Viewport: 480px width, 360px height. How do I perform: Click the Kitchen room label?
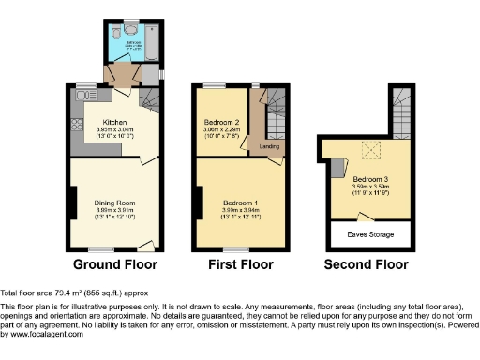pyautogui.click(x=114, y=122)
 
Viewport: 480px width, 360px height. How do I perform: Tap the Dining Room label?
pyautogui.click(x=114, y=203)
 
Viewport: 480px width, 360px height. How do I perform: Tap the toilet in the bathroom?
pyautogui.click(x=114, y=31)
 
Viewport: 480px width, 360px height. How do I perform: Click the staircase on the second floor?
pyautogui.click(x=399, y=108)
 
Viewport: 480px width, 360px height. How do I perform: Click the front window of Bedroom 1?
pyautogui.click(x=235, y=247)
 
